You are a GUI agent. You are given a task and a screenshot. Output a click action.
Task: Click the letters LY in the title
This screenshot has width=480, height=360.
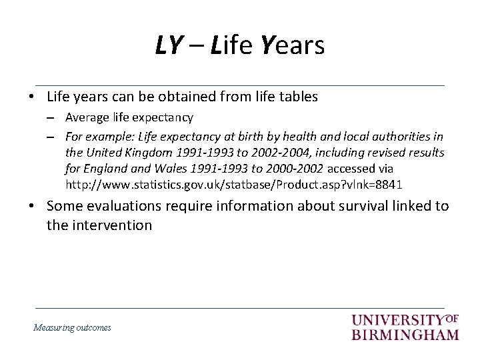[x=169, y=45]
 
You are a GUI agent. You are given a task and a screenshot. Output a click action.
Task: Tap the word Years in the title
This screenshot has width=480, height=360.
[x=293, y=45]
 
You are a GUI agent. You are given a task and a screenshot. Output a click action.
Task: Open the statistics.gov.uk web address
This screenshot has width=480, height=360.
[x=233, y=184]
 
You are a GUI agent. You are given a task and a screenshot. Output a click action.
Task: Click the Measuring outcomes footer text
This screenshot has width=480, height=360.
[x=73, y=327]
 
